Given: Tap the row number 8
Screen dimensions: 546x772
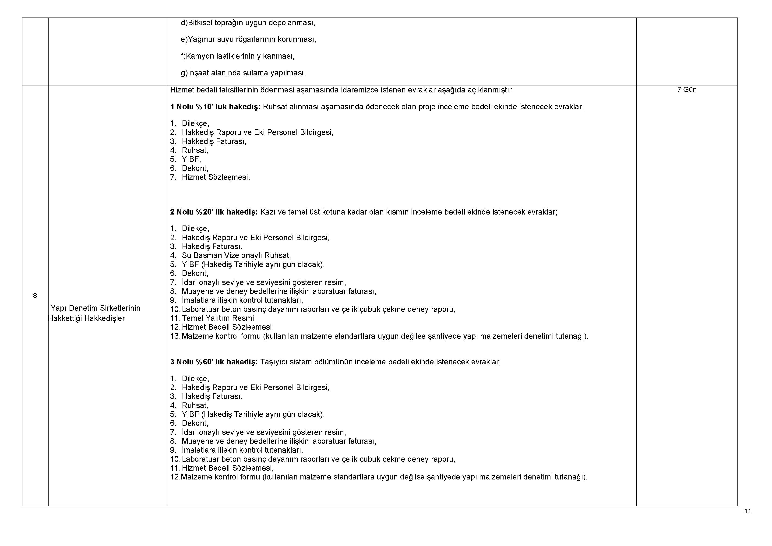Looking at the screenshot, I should click(35, 296).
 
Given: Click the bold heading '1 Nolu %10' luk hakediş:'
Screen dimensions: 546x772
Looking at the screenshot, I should click(215, 107).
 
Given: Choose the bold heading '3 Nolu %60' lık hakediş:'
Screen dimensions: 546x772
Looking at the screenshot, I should click(214, 362).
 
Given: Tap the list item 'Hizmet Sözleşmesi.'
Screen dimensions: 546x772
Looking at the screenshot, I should click(216, 177).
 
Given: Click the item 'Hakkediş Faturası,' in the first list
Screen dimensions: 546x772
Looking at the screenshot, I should click(214, 141).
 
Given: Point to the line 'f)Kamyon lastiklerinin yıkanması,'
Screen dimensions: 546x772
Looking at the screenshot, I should click(237, 56).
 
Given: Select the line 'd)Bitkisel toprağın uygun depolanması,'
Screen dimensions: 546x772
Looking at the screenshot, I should click(248, 23).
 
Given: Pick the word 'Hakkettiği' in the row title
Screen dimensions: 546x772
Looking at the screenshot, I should click(65, 319).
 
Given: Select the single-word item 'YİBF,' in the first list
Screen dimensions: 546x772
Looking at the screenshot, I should click(191, 159).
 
